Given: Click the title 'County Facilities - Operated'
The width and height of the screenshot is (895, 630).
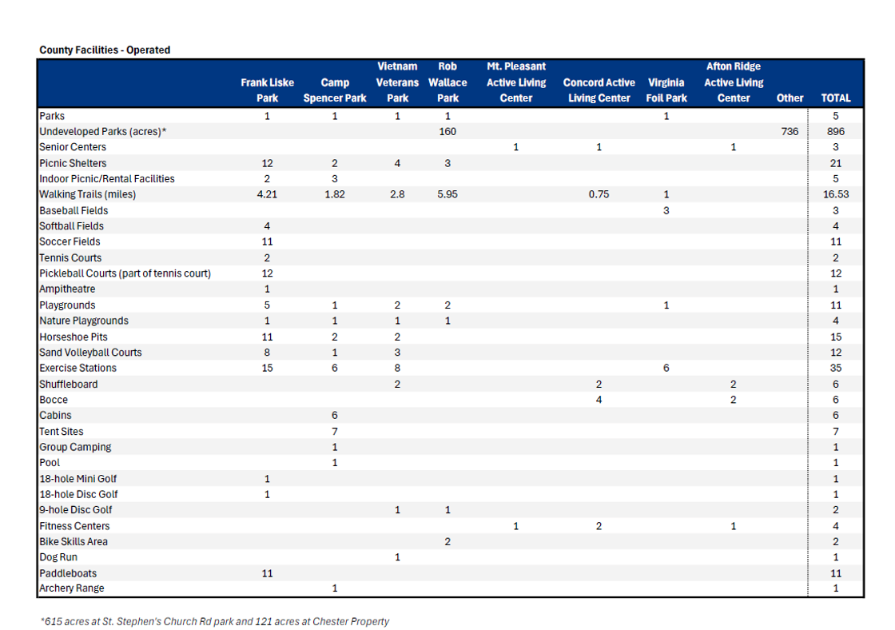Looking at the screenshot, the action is pyautogui.click(x=105, y=50).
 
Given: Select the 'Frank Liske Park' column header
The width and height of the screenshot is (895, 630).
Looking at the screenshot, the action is pyautogui.click(x=267, y=90).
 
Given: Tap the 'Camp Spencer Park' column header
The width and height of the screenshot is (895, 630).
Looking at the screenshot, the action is pyautogui.click(x=335, y=90).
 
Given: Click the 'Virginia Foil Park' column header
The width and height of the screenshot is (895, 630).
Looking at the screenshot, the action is pyautogui.click(x=666, y=90).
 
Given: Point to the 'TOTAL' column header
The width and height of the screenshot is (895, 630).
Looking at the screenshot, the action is pyautogui.click(x=836, y=98).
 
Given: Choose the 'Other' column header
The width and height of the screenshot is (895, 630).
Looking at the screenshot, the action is pyautogui.click(x=790, y=98).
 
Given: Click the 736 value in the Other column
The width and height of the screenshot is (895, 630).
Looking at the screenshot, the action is pyautogui.click(x=790, y=131).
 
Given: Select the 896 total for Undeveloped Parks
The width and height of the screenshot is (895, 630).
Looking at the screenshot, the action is pyautogui.click(x=836, y=131).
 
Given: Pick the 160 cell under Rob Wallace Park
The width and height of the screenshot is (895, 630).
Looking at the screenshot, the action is pyautogui.click(x=447, y=131).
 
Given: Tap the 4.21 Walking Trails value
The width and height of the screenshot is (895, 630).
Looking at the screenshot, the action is pyautogui.click(x=267, y=194).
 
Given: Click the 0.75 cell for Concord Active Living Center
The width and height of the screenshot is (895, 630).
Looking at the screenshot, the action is pyautogui.click(x=599, y=194).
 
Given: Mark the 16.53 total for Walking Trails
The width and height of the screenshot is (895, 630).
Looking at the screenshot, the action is pyautogui.click(x=836, y=194).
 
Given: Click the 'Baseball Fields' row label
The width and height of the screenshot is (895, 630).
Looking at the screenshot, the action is pyautogui.click(x=74, y=210).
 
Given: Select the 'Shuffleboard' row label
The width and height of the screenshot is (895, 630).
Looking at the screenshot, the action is pyautogui.click(x=69, y=384).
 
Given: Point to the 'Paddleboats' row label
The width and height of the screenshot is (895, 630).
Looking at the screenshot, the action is pyautogui.click(x=68, y=573).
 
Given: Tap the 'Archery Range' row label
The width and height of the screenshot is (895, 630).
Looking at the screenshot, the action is pyautogui.click(x=72, y=588).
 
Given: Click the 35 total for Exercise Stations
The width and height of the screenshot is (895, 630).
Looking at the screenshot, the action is pyautogui.click(x=836, y=368).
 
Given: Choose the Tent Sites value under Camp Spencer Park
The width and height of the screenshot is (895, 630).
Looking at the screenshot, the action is pyautogui.click(x=335, y=431).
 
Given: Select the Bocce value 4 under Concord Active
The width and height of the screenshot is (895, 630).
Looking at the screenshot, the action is pyautogui.click(x=599, y=400).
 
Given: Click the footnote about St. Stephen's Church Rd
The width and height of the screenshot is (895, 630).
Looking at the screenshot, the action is pyautogui.click(x=215, y=621).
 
